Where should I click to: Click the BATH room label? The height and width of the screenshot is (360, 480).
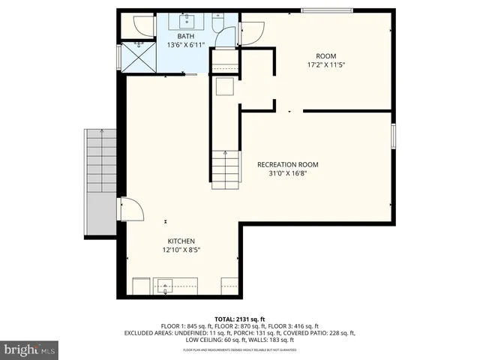[186, 36]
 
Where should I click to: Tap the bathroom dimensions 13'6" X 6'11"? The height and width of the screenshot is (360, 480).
[186, 45]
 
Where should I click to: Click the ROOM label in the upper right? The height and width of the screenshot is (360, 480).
[325, 55]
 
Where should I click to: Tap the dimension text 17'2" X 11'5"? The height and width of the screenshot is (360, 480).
[325, 65]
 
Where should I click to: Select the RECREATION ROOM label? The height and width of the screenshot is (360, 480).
[288, 164]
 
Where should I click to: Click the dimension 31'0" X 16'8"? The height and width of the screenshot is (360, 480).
[288, 173]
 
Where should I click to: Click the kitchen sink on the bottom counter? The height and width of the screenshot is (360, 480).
[165, 286]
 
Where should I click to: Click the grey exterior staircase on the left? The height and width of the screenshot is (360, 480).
[99, 179]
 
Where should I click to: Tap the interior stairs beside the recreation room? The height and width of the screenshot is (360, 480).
[225, 169]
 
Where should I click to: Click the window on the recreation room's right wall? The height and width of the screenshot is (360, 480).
[393, 136]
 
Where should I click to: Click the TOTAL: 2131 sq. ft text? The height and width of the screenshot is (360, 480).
[240, 318]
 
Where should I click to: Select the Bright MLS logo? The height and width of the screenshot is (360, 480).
[30, 349]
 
